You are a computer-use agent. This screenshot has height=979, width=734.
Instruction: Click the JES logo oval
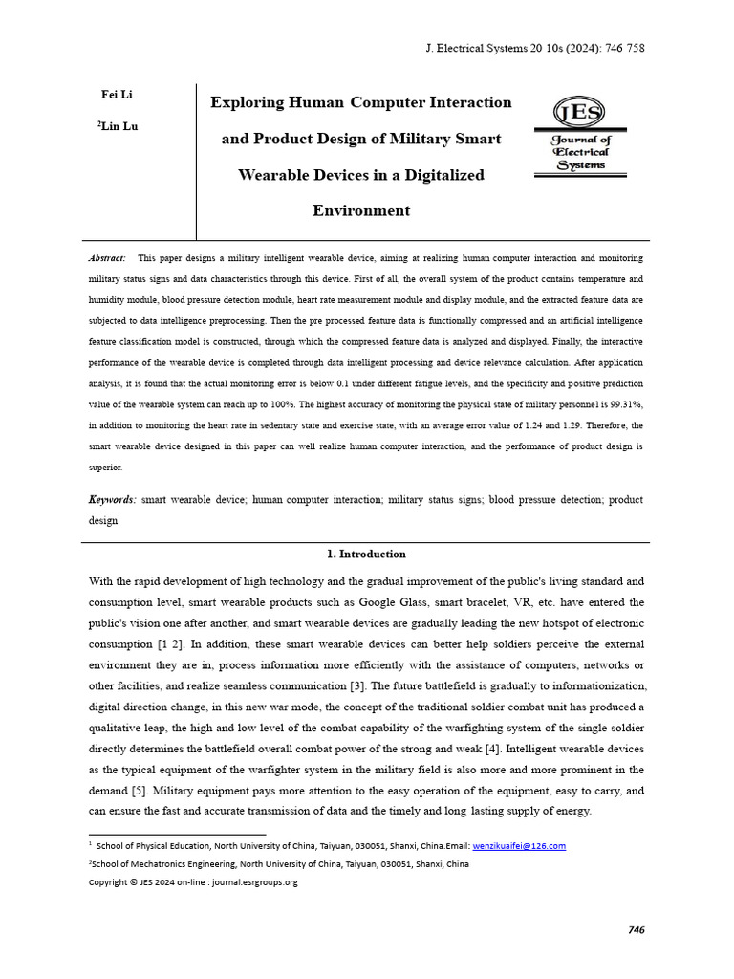pyautogui.click(x=579, y=114)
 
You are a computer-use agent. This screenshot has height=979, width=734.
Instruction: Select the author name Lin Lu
pyautogui.click(x=119, y=126)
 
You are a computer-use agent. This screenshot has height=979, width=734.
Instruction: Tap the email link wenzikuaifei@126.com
pyautogui.click(x=519, y=845)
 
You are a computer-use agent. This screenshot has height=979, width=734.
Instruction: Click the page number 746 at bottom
pyautogui.click(x=637, y=930)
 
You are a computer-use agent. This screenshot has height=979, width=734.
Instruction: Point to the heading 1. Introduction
pyautogui.click(x=366, y=554)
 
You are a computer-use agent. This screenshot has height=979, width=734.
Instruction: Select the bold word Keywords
pyautogui.click(x=112, y=500)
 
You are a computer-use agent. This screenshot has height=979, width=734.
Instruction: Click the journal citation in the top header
pyautogui.click(x=527, y=49)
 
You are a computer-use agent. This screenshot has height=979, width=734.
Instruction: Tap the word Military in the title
pyautogui.click(x=421, y=139)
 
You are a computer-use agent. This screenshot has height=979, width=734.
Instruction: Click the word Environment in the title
pyautogui.click(x=361, y=210)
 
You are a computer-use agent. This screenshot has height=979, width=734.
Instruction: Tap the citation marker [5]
pyautogui.click(x=141, y=791)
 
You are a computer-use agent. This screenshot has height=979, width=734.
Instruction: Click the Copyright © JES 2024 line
pyautogui.click(x=193, y=881)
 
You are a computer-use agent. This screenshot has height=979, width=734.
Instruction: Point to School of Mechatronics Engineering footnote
pyautogui.click(x=278, y=863)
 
